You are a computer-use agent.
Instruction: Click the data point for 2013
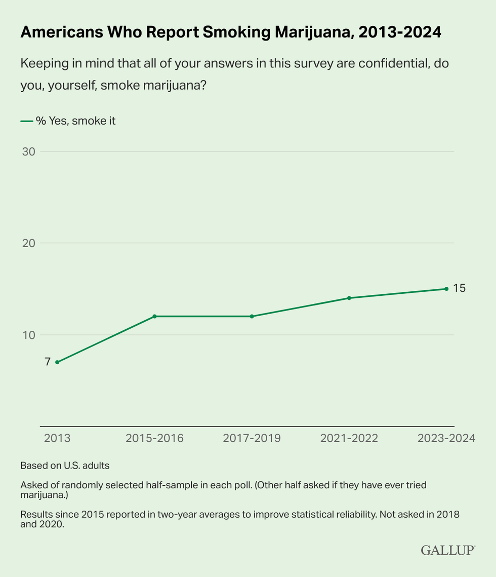57,362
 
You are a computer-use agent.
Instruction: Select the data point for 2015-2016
154,316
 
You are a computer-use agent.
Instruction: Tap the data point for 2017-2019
252,316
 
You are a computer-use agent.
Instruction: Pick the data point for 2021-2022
349,298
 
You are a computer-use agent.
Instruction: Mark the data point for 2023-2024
446,289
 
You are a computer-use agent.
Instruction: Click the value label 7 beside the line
47,362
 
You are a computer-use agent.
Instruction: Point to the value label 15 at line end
459,288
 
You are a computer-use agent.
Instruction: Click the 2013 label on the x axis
57,438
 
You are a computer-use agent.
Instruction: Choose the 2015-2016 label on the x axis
154,438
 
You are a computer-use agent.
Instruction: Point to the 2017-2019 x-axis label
252,438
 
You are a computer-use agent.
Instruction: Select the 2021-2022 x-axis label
349,438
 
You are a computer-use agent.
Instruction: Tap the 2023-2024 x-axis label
446,438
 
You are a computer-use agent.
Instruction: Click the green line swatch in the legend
26,121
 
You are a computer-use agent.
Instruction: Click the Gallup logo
447,550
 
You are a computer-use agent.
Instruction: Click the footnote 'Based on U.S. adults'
65,465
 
